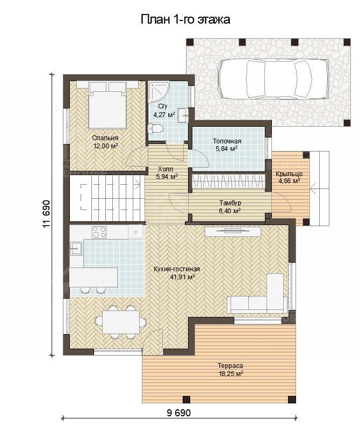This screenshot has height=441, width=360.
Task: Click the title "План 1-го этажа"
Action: point(185,20)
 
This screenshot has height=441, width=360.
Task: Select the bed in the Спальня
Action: point(107,105)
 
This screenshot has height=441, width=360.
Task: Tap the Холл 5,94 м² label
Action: point(167,172)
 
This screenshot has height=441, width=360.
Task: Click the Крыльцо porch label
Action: point(289,177)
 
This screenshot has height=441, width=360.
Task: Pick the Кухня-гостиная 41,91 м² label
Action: point(177,273)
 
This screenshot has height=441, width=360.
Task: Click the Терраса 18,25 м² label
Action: point(231,370)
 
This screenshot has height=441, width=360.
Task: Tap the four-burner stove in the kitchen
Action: point(99,232)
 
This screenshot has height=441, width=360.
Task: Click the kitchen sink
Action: point(76,248)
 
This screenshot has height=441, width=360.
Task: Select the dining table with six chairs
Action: point(121,322)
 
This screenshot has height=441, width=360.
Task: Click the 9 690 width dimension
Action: point(179,413)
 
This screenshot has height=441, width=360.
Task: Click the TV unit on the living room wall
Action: point(233,232)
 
